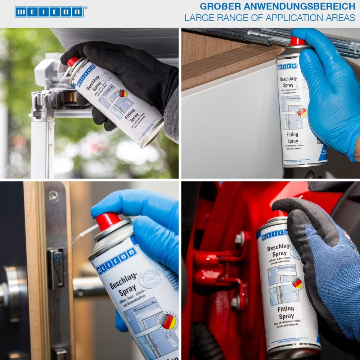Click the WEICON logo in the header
point(49,12)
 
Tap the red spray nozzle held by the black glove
point(73,62)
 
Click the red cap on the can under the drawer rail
point(297,41)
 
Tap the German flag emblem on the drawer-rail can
point(302,112)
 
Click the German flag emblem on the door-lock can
point(167,321)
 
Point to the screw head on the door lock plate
point(54,196)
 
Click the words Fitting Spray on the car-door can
point(286,312)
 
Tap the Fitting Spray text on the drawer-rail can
point(292,138)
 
